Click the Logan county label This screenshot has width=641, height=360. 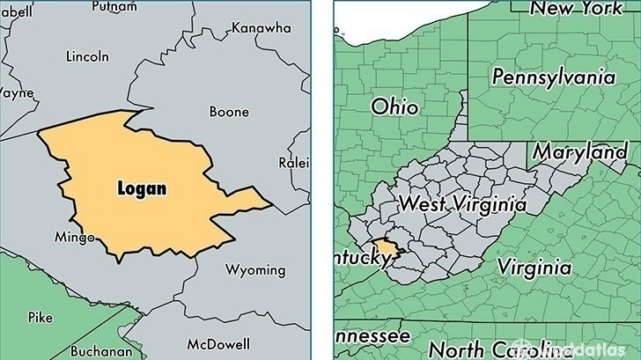(x=141, y=188)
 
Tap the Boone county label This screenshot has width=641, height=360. (x=229, y=112)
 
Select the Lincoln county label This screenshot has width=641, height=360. (x=88, y=56)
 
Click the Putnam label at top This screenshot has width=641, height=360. (x=114, y=5)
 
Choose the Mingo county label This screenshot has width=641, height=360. (x=73, y=237)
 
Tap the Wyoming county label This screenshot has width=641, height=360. (x=254, y=269)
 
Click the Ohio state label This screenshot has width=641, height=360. (x=394, y=107)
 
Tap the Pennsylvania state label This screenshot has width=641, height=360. (x=552, y=77)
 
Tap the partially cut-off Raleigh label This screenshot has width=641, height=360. (x=295, y=163)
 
